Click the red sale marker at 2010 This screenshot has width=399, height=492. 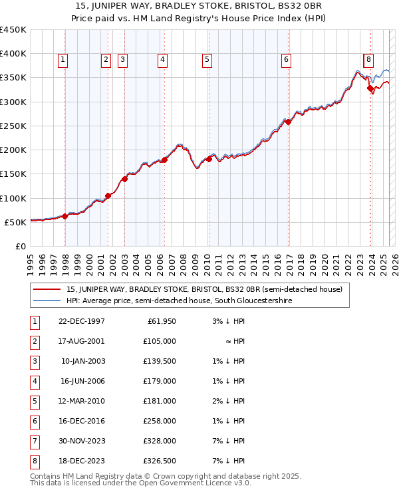point(209,159)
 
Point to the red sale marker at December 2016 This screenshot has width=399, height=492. point(289,122)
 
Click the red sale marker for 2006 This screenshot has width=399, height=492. point(164,160)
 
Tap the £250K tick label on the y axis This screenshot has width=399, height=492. point(13,126)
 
